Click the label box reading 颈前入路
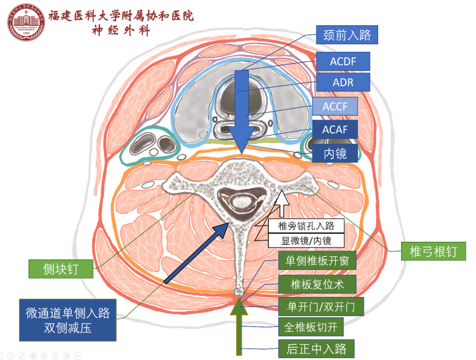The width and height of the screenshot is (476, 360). [x=347, y=34]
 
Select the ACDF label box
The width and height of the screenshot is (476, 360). [x=343, y=61]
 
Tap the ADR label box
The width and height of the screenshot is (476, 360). [x=343, y=82]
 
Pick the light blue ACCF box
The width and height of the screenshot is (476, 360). [x=335, y=106]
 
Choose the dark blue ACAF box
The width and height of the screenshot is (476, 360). [x=335, y=130]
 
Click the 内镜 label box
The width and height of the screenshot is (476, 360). [x=335, y=153]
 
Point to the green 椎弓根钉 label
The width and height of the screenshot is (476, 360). [x=433, y=251]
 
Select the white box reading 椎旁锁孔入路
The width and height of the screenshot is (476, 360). [x=306, y=226]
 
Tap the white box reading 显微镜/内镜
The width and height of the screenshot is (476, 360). [x=306, y=240]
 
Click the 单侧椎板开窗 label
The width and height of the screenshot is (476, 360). [x=317, y=261]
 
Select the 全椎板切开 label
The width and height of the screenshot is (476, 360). [x=311, y=327]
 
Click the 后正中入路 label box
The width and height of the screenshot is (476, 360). [x=316, y=349]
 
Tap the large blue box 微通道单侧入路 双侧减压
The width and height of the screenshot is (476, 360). [x=67, y=320]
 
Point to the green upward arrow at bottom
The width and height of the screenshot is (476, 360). [x=239, y=326]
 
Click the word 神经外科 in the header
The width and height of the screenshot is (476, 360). [x=121, y=30]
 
